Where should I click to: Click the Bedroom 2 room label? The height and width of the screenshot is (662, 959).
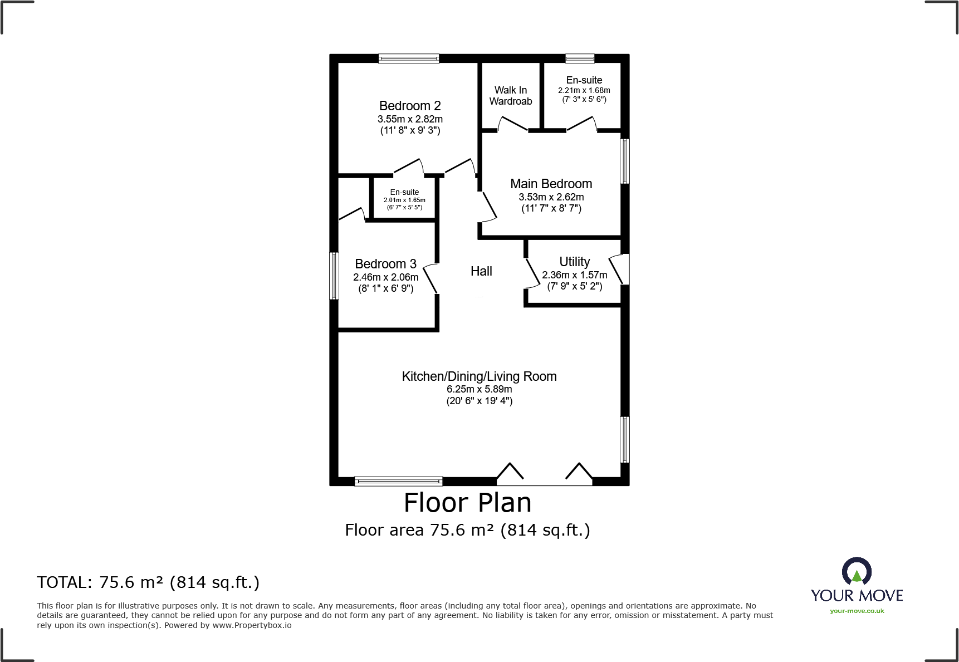[x=410, y=106]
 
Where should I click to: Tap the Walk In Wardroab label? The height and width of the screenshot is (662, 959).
[x=511, y=96]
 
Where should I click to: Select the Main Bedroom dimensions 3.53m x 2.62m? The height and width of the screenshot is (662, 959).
[x=551, y=197]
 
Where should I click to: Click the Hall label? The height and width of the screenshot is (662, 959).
[x=481, y=271]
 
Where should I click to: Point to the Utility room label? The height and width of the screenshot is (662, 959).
[x=574, y=262]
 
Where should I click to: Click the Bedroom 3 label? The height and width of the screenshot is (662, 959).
[x=385, y=264]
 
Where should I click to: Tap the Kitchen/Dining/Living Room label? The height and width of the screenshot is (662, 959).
[x=479, y=376]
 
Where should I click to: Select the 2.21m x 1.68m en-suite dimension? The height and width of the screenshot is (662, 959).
[x=584, y=90]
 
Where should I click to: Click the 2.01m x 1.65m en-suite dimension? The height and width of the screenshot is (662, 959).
[x=404, y=200]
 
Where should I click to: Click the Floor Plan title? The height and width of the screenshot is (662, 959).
[x=467, y=503]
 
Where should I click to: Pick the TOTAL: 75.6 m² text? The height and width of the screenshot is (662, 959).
[x=148, y=582]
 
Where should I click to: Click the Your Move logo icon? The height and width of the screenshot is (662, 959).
[x=857, y=571]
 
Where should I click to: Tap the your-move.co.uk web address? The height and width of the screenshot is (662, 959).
[x=857, y=611]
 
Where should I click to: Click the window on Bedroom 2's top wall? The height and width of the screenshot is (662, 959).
[x=409, y=58]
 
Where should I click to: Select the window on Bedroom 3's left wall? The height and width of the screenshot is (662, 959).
[x=334, y=276]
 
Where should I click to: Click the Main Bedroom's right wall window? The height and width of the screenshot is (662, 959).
[x=625, y=161]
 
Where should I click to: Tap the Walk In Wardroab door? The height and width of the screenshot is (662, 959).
[x=512, y=124]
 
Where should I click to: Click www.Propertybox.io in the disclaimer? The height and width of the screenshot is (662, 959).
[x=252, y=625]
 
